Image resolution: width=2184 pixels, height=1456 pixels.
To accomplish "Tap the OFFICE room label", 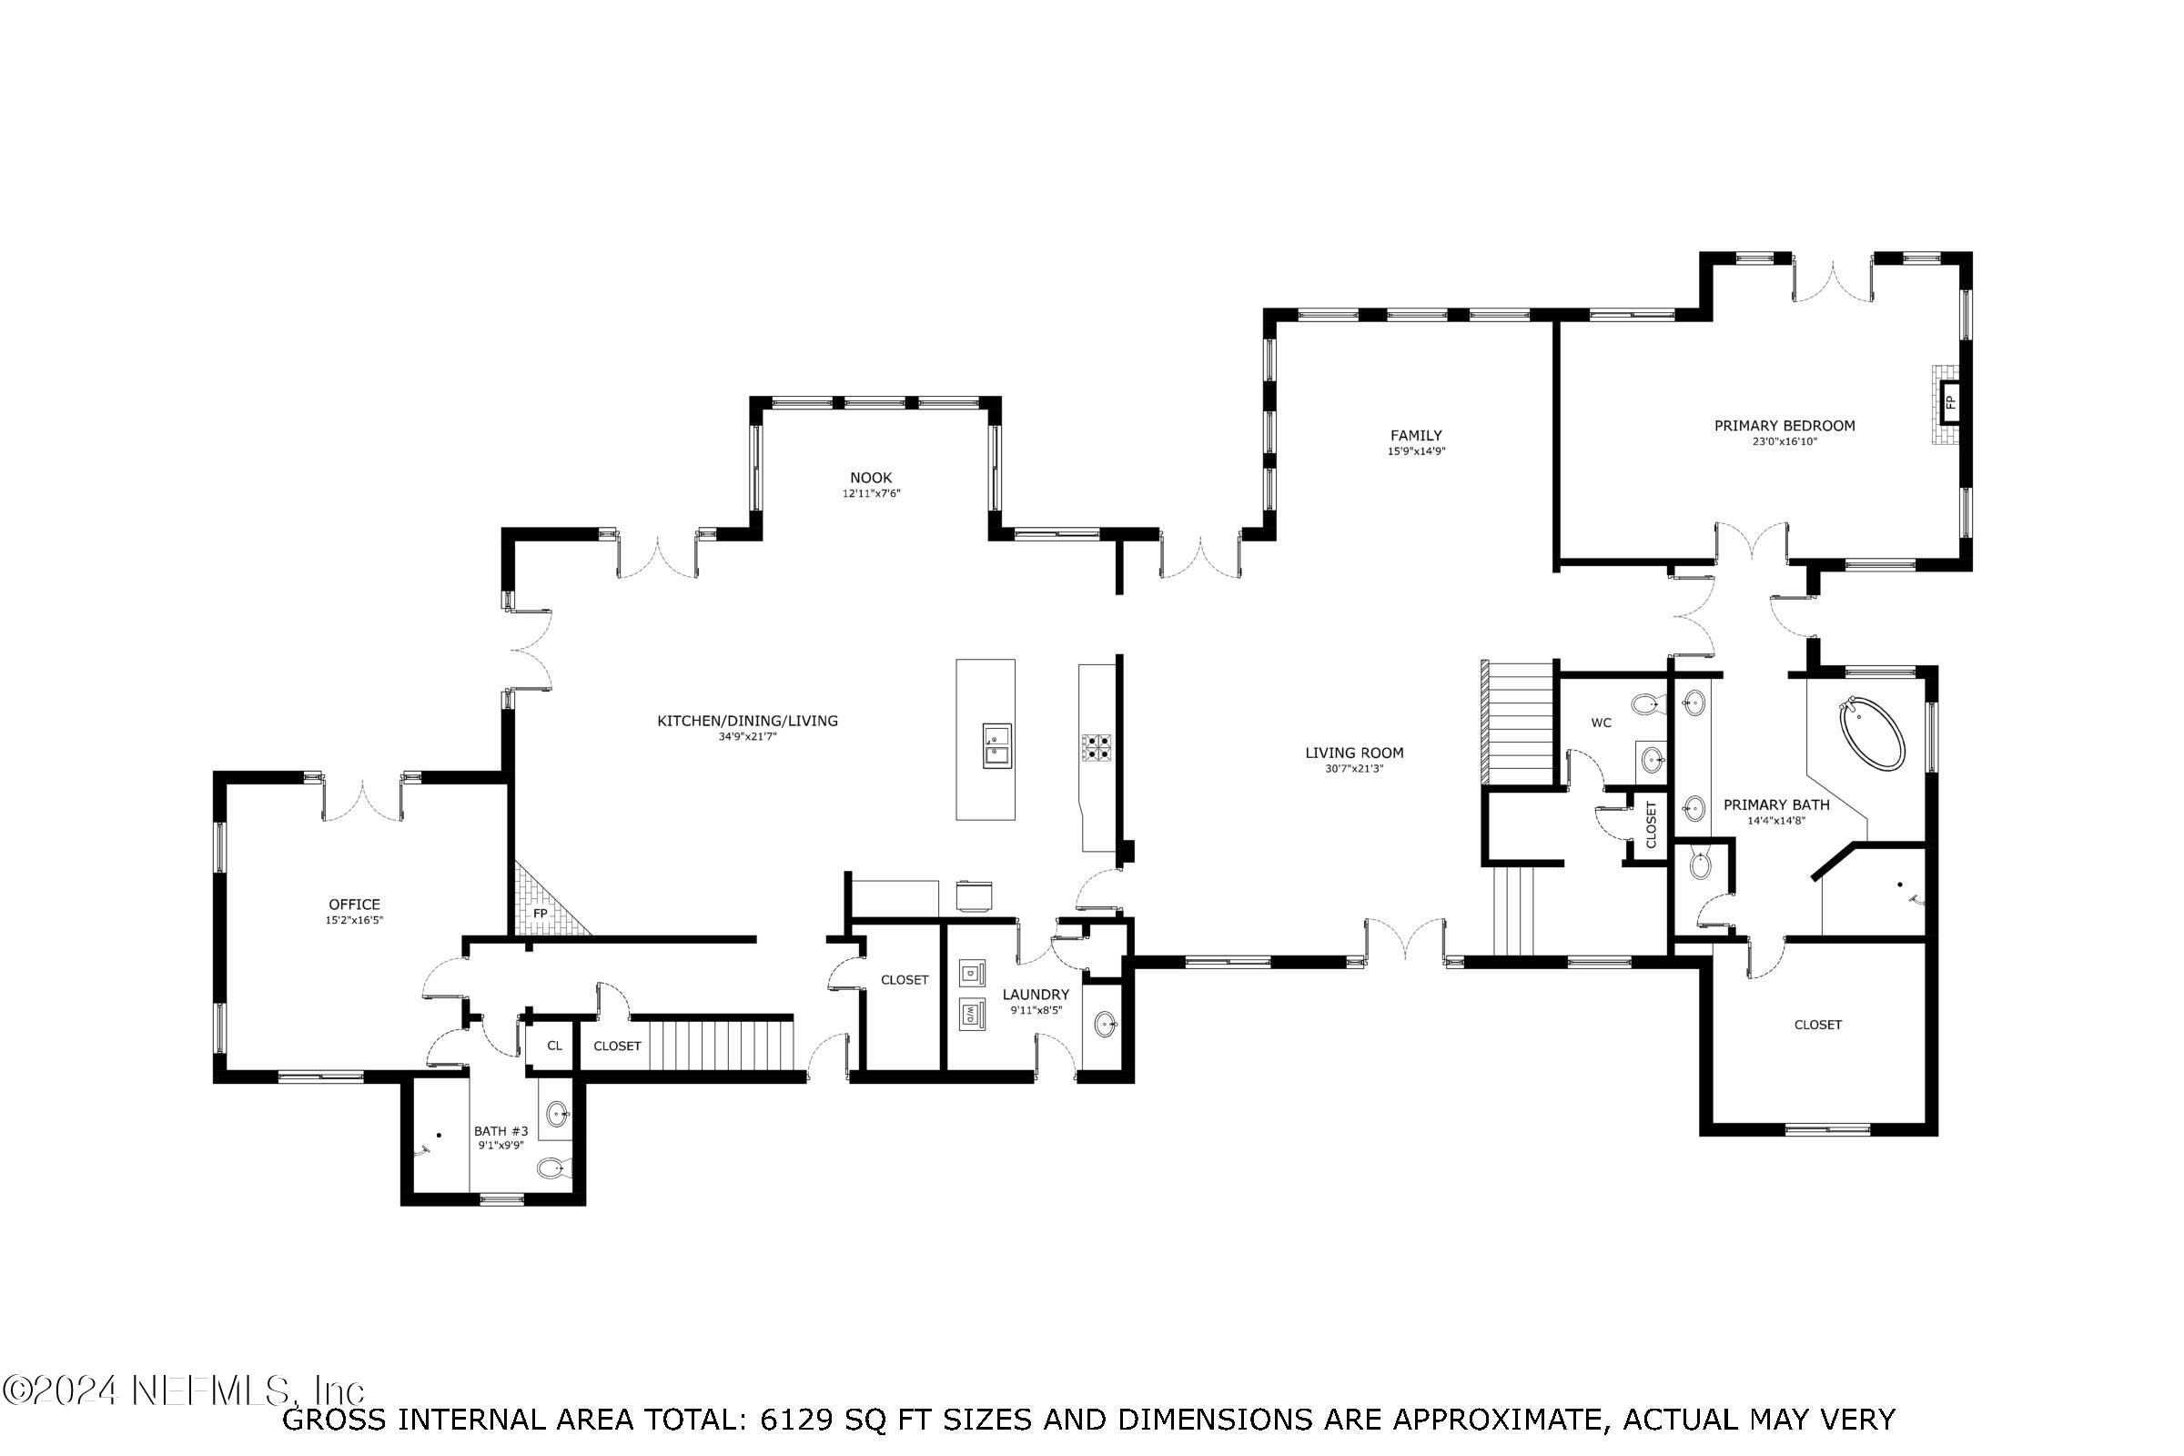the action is (354, 905).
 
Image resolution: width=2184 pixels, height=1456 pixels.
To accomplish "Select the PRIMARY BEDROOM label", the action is (1785, 426).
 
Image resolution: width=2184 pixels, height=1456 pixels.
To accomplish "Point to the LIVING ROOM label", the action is (1354, 753).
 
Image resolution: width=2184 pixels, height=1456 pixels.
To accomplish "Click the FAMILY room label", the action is (1416, 436).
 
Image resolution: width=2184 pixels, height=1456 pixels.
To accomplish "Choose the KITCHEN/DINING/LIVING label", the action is (747, 721).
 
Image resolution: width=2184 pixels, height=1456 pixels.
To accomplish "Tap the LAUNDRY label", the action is (1036, 995).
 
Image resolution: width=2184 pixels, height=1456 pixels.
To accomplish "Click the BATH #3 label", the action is (500, 1131).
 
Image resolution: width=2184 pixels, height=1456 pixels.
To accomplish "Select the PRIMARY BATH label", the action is (1776, 805).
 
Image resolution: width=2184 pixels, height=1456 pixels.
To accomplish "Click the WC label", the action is (1601, 723).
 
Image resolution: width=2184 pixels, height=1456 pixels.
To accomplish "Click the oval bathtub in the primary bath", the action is (1872, 735).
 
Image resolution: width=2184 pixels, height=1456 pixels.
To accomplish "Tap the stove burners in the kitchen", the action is (1096, 746).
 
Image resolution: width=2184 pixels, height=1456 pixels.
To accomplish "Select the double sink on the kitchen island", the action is (997, 745).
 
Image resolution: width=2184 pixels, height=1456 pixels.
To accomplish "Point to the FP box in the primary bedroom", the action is (1950, 402).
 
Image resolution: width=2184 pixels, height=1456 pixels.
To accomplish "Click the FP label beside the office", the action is (540, 914).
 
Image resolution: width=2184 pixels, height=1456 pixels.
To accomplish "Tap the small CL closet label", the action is (554, 1046).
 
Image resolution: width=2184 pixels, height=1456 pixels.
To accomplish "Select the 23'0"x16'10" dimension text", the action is (1785, 442).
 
